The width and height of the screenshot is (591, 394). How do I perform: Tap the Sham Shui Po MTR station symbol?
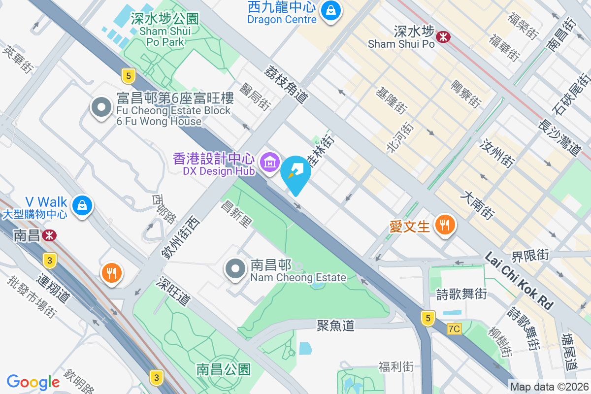pos(444,36)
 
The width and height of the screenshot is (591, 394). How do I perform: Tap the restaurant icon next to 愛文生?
pos(445,225)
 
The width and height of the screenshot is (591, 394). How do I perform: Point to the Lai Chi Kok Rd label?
pos(519,281)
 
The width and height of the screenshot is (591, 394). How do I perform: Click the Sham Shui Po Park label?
pos(165,31)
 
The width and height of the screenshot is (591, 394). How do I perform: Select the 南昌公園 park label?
pos(224,369)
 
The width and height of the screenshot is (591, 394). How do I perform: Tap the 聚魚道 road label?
pos(335,326)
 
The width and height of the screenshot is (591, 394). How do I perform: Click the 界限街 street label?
pos(529,256)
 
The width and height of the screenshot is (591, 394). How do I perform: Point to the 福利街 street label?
pos(396,366)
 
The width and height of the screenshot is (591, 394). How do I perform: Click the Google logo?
pos(33,382)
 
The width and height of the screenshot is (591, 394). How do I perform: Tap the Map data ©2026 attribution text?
pos(549,387)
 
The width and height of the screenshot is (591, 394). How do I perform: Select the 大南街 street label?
pos(476,206)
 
